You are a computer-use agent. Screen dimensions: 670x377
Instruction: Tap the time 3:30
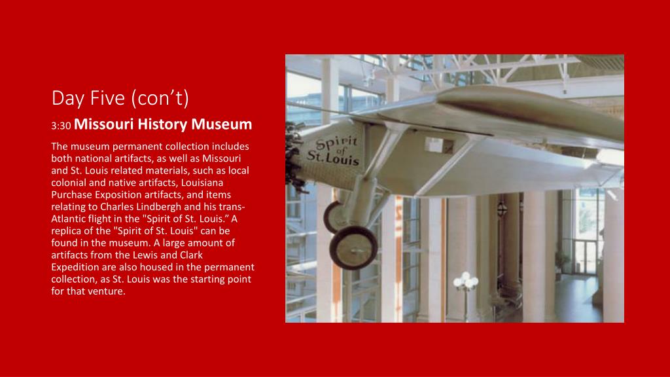pos(61,126)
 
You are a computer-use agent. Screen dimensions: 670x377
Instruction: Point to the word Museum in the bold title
pos(221,124)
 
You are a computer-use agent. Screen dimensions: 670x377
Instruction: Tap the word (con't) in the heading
pos(160,99)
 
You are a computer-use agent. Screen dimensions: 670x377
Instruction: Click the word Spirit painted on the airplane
pos(337,143)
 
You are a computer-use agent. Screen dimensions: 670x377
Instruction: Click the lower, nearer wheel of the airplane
pos(353,248)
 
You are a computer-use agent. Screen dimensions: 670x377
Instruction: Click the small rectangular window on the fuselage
pos(439,145)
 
